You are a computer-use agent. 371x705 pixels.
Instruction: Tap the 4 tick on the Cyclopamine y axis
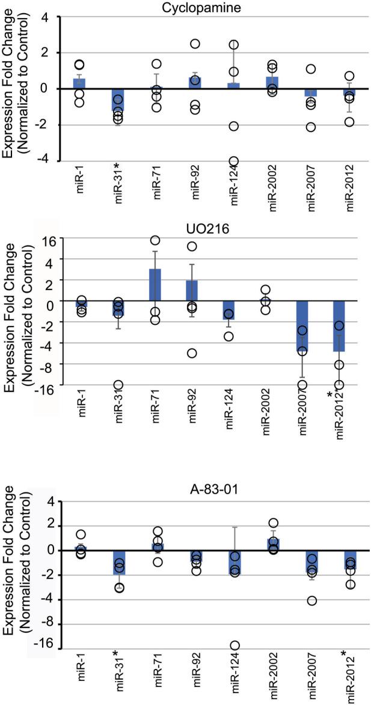(x=51, y=17)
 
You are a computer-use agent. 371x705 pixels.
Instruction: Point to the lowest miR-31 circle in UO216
(x=118, y=385)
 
